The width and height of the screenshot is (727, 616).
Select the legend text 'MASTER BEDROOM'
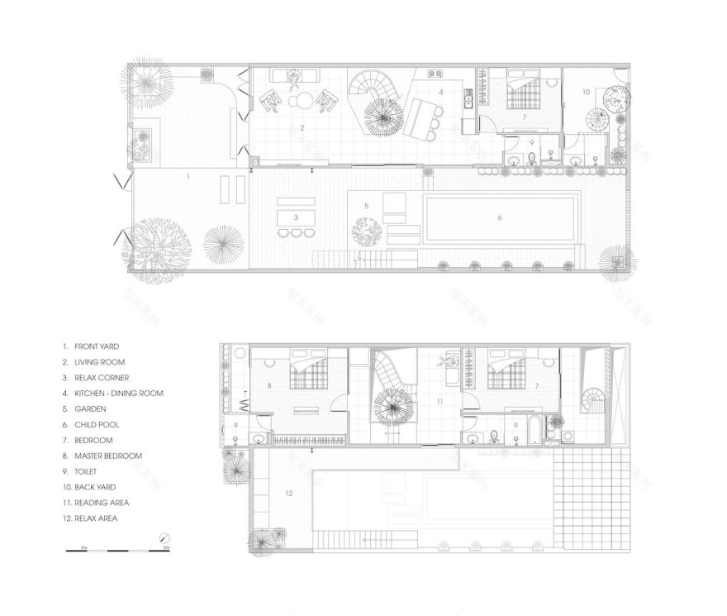click(107, 456)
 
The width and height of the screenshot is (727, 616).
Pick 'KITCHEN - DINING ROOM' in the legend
click(118, 394)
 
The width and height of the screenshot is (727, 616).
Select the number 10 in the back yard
click(586, 92)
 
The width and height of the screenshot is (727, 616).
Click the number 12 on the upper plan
click(287, 494)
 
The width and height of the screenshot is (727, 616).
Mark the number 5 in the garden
click(366, 205)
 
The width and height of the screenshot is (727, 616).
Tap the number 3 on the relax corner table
click(295, 217)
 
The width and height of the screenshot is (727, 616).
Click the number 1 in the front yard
click(188, 176)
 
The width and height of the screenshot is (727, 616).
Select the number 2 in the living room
click(303, 127)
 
